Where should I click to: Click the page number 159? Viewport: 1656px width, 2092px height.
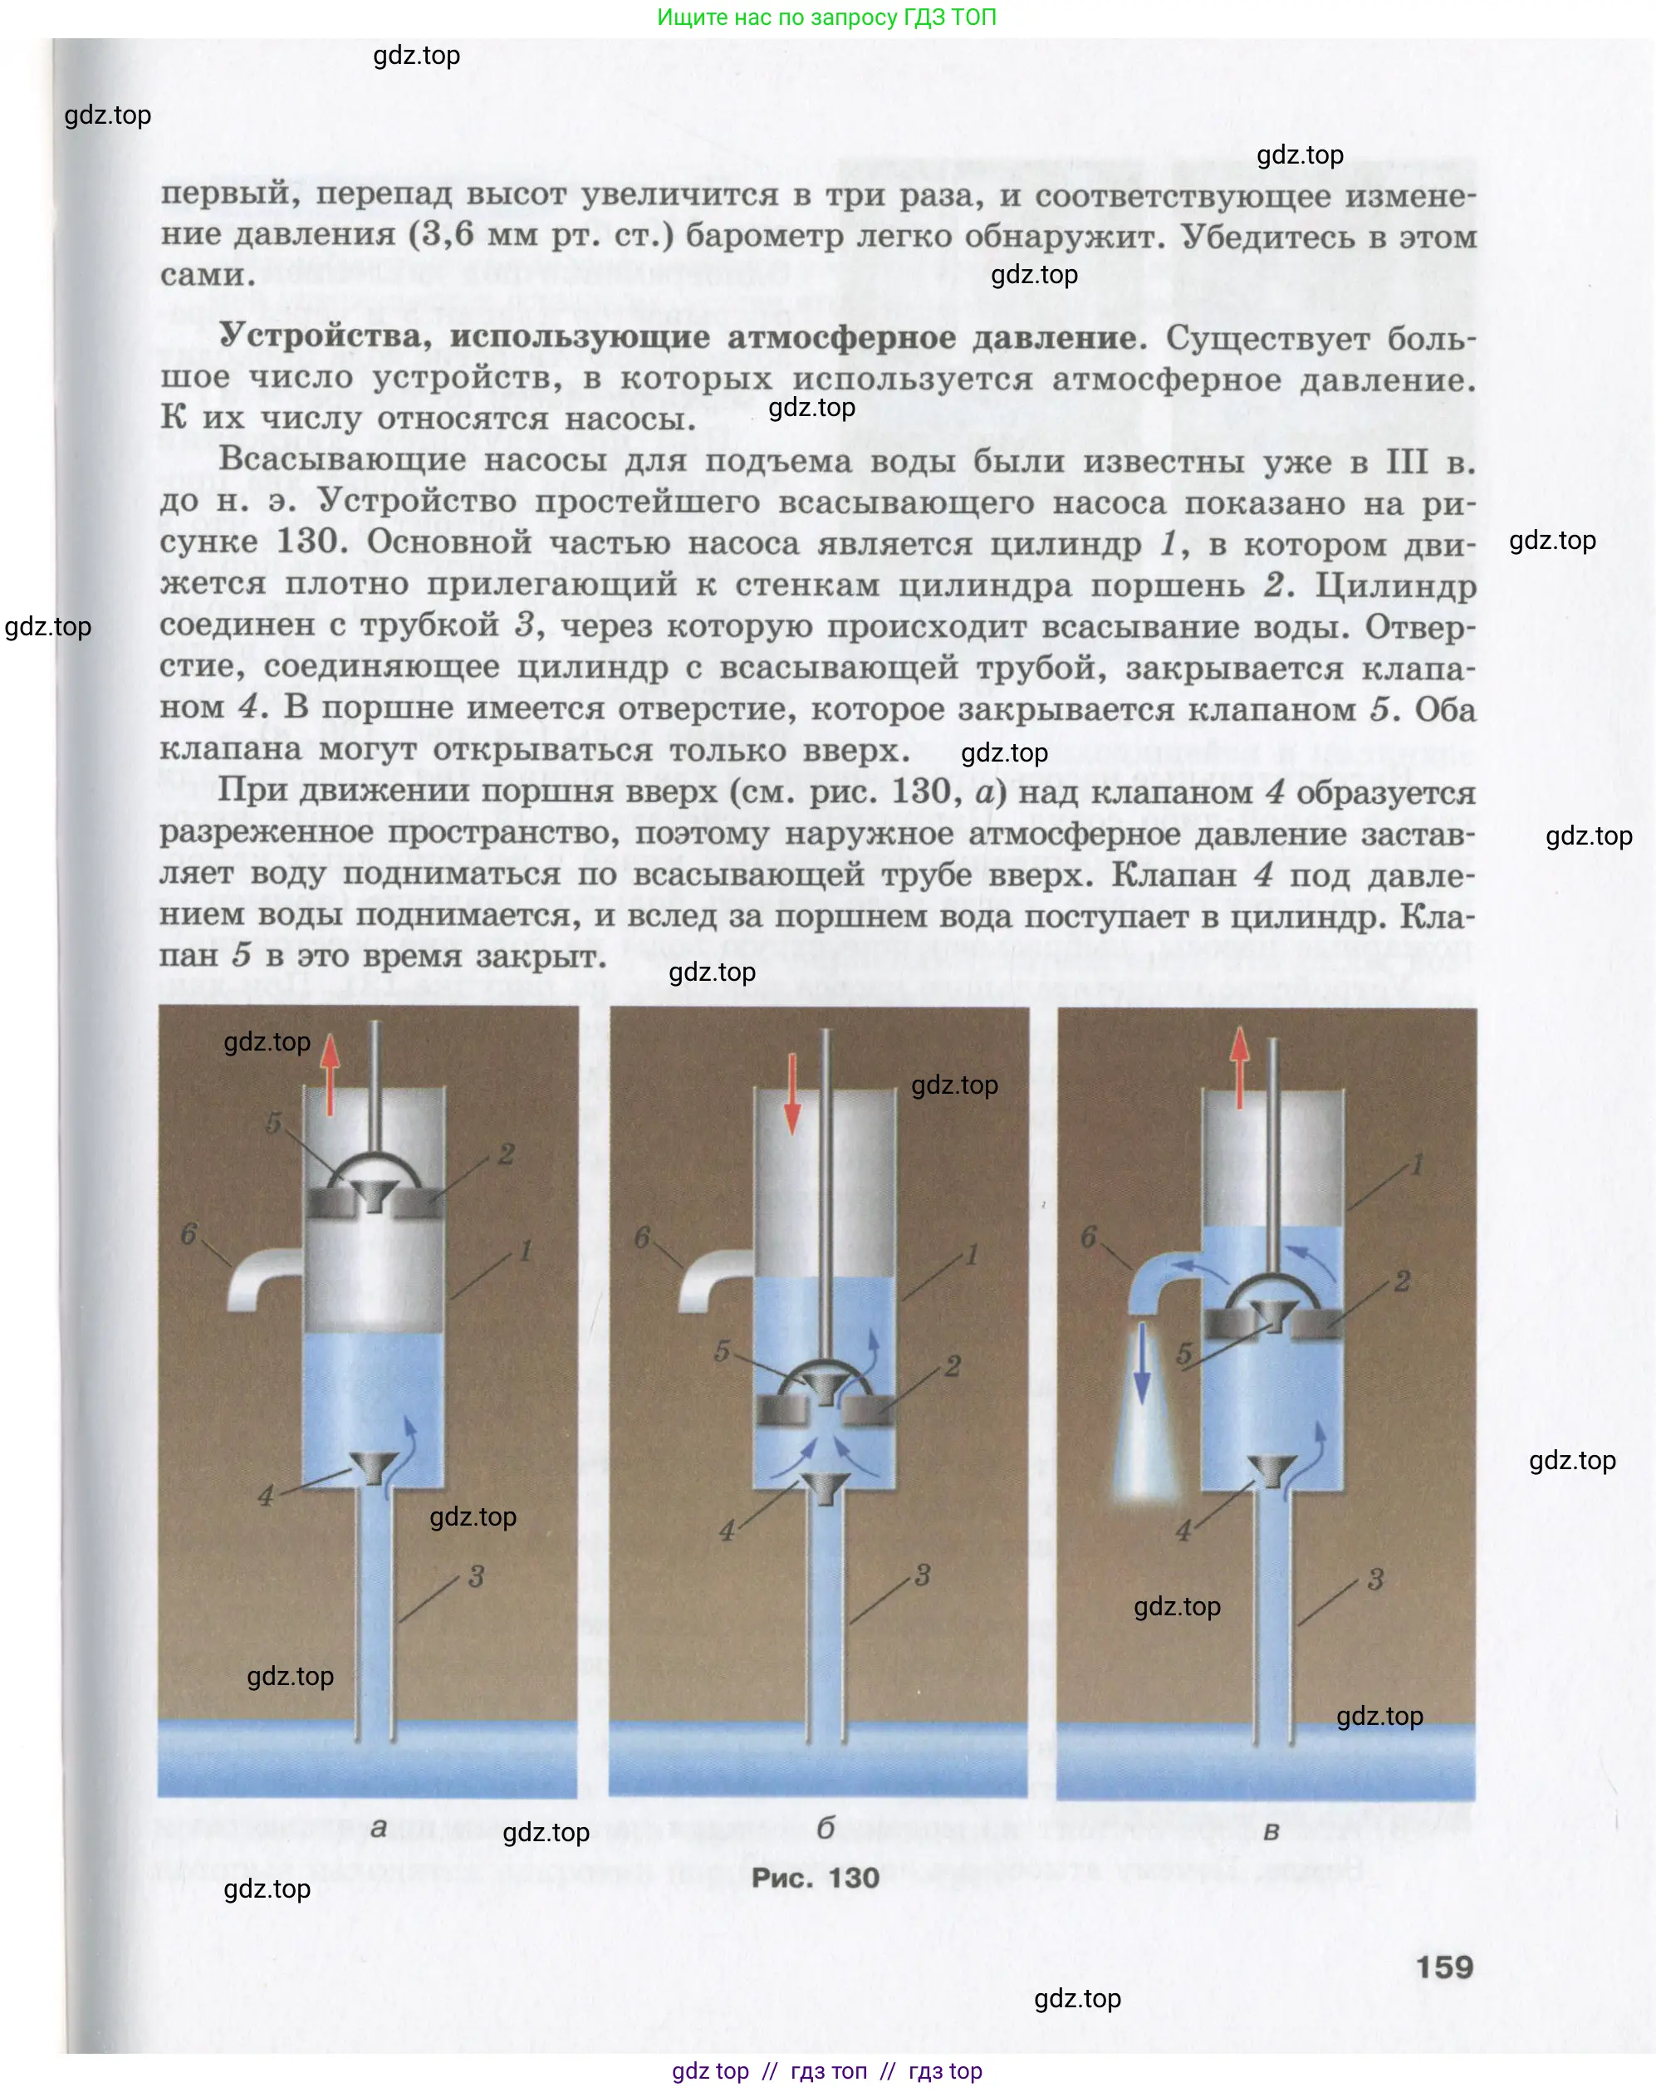pos(1443,1967)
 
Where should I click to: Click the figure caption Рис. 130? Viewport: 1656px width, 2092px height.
pos(816,1878)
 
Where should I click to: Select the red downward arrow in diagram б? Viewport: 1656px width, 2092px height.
pos(792,1094)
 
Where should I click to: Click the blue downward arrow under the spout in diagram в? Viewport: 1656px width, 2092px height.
pos(1143,1362)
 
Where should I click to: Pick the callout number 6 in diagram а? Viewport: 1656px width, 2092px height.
pos(189,1234)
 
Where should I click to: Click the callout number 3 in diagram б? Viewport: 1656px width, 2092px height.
pos(922,1575)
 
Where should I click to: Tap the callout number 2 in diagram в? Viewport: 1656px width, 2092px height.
pos(1402,1281)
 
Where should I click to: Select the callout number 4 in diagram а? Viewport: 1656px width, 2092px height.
pos(266,1496)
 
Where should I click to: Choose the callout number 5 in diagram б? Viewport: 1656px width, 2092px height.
pos(722,1351)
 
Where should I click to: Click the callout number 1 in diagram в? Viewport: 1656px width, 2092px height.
pos(1417,1164)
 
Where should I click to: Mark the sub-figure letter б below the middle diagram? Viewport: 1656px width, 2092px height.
pos(825,1827)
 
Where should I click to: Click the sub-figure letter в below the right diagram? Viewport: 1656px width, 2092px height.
pos(1271,1831)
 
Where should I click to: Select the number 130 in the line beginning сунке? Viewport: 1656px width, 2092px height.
pos(306,542)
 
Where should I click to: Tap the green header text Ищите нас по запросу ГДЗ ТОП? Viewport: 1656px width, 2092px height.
pos(826,17)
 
